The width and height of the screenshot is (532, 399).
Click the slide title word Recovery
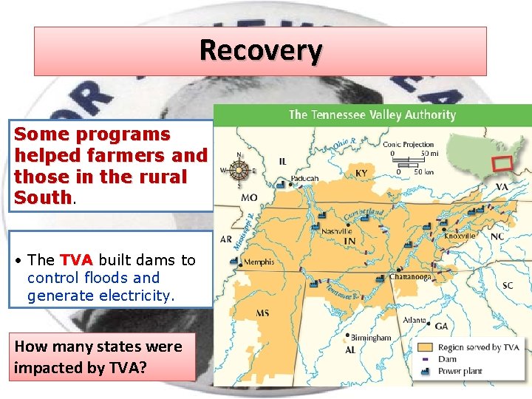(x=261, y=51)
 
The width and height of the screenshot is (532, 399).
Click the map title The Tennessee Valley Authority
(x=372, y=115)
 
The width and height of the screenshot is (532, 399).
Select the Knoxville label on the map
(x=460, y=236)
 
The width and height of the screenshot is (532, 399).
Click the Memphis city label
(x=259, y=262)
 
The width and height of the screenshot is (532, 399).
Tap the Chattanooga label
(x=411, y=278)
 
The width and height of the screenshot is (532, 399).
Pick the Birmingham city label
(x=370, y=337)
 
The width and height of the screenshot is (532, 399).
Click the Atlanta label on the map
(x=415, y=320)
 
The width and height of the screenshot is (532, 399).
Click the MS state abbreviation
(x=262, y=313)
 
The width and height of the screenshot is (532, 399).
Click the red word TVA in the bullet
(x=76, y=260)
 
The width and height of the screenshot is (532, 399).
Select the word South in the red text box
(x=43, y=198)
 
